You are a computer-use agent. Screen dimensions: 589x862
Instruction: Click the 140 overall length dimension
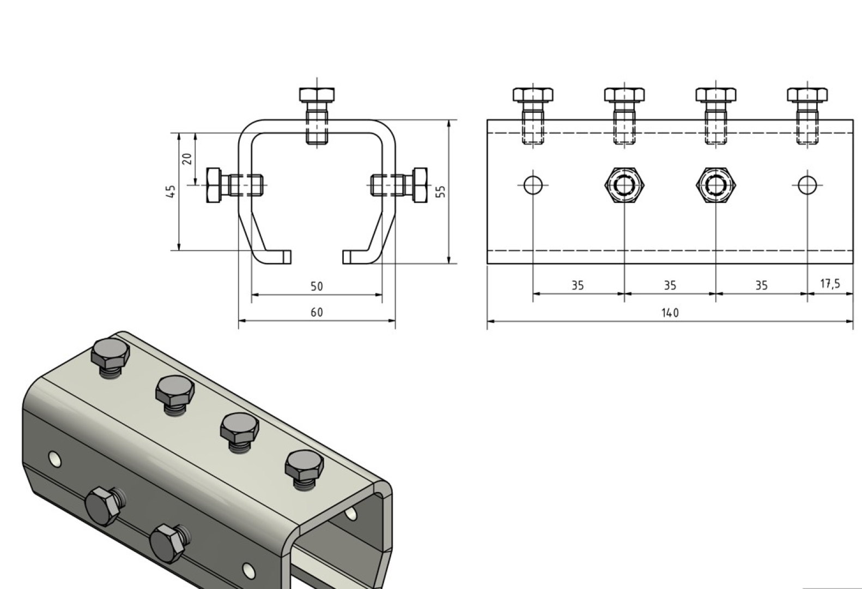[x=670, y=312]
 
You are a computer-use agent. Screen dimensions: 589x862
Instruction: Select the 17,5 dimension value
[x=830, y=284]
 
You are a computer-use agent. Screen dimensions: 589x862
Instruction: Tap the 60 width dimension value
[x=317, y=312]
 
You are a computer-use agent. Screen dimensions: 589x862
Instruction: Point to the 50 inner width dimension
[x=317, y=286]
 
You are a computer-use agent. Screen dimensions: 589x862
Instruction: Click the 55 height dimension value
[x=441, y=191]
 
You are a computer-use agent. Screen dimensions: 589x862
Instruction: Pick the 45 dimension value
[x=172, y=191]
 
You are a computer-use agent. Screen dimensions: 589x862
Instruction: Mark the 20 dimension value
[x=187, y=159]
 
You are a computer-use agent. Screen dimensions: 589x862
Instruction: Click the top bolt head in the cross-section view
[x=317, y=95]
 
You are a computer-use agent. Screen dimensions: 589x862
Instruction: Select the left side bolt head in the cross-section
[x=214, y=185]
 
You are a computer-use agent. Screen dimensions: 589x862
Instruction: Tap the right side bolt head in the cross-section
[x=420, y=185]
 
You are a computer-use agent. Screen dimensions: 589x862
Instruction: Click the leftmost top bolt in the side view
[x=533, y=95]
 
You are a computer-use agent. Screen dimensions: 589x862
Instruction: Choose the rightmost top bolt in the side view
[x=807, y=95]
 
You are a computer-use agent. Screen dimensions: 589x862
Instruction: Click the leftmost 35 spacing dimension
[x=578, y=285]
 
